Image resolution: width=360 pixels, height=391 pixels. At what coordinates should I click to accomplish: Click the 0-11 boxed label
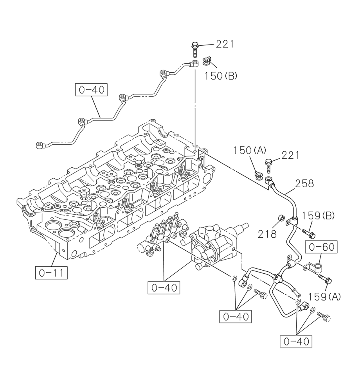(x=51, y=272)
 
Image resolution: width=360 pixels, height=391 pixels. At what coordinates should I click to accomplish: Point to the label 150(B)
(x=221, y=76)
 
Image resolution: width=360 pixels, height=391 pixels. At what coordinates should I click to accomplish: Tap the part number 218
(x=267, y=234)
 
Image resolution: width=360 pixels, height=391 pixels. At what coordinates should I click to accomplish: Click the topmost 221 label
(x=225, y=44)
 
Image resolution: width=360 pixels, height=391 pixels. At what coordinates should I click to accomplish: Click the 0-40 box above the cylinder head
(x=91, y=90)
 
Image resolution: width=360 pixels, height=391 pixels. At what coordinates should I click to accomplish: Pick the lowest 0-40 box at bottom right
(x=296, y=341)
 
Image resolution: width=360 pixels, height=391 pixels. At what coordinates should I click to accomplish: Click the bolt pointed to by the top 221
(x=195, y=49)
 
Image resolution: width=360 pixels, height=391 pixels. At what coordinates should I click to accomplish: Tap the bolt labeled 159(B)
(x=309, y=233)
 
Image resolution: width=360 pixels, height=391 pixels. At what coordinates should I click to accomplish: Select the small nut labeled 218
(x=280, y=217)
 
